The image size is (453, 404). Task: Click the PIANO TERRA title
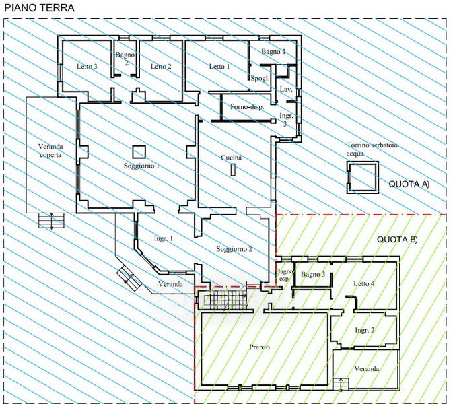point(40,8)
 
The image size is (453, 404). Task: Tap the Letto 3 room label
point(87,66)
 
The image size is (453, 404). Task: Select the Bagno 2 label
point(125,59)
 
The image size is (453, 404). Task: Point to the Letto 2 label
point(161,66)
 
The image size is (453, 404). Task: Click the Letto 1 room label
point(219,66)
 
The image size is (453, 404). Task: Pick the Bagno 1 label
point(273,52)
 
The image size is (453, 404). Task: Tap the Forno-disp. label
point(247,107)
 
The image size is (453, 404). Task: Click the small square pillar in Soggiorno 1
point(139,152)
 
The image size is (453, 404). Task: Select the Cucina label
point(231,158)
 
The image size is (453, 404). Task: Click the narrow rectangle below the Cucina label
point(234,170)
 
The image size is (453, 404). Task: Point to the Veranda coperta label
point(50,151)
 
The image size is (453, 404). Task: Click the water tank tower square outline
point(363,162)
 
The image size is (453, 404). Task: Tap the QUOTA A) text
point(409,184)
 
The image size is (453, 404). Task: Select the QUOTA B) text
point(398,240)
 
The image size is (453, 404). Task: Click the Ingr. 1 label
point(164,239)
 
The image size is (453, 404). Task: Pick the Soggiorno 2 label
point(234,249)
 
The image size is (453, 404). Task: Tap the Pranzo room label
point(259,347)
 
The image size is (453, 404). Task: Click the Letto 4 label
point(364,283)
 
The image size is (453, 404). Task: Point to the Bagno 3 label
point(313,274)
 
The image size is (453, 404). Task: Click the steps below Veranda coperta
point(51,221)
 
